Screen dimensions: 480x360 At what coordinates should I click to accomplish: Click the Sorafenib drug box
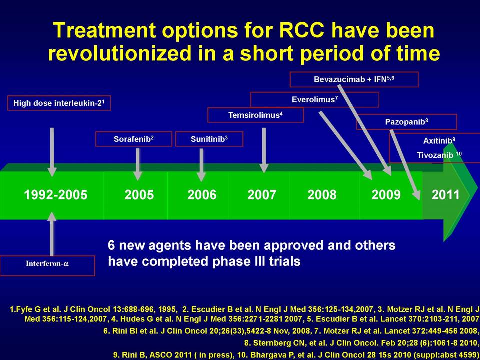coord(134,139)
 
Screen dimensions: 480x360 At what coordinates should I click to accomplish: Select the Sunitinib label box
coord(209,139)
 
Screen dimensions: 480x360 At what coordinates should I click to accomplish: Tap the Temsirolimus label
coord(255,115)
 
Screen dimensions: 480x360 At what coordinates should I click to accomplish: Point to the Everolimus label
coord(314,100)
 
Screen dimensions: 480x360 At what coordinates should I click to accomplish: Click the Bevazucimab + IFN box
coord(354,79)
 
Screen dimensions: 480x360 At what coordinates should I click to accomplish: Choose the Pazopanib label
coord(407,122)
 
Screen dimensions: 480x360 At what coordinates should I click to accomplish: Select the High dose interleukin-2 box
coord(59,103)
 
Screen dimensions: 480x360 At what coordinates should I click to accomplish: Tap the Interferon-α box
coord(47,266)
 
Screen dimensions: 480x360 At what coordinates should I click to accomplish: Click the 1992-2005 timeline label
coord(55,195)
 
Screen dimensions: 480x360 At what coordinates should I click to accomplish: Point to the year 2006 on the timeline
coord(202,195)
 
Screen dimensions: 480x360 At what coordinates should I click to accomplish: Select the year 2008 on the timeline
coord(322,195)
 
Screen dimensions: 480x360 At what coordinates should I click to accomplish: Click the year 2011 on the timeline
coord(445,195)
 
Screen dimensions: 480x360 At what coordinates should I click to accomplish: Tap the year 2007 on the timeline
coord(262,195)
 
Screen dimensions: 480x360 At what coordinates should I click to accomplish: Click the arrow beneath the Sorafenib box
coord(138,164)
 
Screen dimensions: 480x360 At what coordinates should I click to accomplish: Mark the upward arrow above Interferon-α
coord(52,234)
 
